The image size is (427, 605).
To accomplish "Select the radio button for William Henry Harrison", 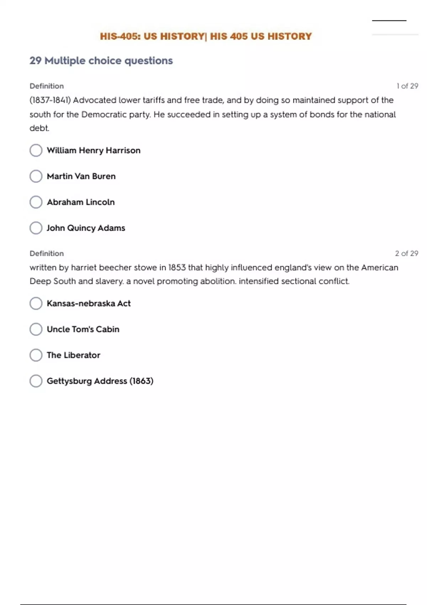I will click(36, 150).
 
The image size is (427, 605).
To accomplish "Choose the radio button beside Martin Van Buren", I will click(36, 176).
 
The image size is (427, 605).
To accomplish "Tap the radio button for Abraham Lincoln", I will click(36, 202).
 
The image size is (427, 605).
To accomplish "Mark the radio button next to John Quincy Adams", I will click(36, 228).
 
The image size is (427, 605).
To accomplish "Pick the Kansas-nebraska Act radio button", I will click(36, 304).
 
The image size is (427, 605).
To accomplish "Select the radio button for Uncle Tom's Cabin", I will click(36, 329).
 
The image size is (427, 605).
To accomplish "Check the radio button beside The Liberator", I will click(36, 355).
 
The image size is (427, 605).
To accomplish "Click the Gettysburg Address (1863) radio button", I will click(36, 381).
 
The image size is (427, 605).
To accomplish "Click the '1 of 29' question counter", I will click(407, 86).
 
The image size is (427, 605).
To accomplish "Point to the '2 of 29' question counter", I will click(406, 253).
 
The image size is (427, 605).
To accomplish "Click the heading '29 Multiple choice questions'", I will click(101, 60).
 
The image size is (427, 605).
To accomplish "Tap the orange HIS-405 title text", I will click(206, 36).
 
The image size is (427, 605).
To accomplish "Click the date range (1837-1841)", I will click(50, 100).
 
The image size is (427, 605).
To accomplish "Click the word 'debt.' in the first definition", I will click(39, 128).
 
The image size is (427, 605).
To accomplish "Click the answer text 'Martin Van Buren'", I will click(81, 176).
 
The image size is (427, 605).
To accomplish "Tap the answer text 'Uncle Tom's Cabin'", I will click(83, 329).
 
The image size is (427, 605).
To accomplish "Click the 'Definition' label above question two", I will click(47, 253).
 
